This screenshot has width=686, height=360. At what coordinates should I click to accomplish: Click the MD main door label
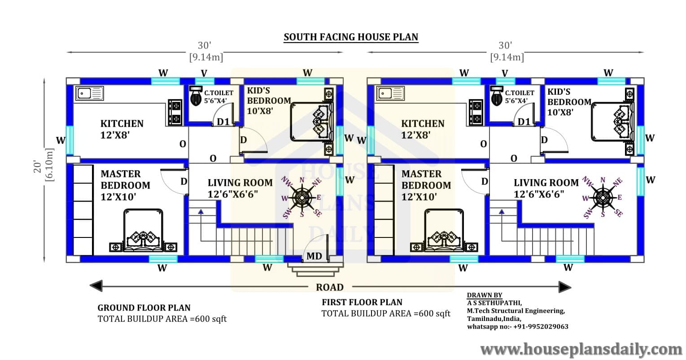pyautogui.click(x=314, y=256)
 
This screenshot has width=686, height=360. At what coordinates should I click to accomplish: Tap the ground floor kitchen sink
pyautogui.click(x=89, y=93)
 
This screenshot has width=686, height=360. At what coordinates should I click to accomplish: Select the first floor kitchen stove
pyautogui.click(x=476, y=112)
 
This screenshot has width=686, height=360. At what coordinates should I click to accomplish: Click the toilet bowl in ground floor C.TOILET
pyautogui.click(x=195, y=96)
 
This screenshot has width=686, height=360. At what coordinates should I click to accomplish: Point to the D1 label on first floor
pyautogui.click(x=524, y=122)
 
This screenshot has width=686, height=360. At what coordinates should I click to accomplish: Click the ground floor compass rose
pyautogui.click(x=301, y=198)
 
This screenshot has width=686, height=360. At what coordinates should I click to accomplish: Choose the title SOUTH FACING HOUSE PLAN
pyautogui.click(x=351, y=37)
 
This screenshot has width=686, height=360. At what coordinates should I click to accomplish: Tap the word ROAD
pyautogui.click(x=330, y=287)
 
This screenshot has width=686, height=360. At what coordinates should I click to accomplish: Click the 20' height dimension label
pyautogui.click(x=38, y=166)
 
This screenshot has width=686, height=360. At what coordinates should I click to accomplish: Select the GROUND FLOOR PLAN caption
pyautogui.click(x=144, y=307)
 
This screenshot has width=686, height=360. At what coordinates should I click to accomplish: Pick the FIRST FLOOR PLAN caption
pyautogui.click(x=362, y=302)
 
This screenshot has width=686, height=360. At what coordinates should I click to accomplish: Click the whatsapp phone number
pyautogui.click(x=541, y=327)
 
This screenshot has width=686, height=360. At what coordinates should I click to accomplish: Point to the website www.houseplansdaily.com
pyautogui.click(x=581, y=349)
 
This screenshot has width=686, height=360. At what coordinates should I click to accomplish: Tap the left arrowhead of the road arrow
pyautogui.click(x=96, y=286)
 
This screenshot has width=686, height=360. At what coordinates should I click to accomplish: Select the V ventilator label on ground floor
pyautogui.click(x=204, y=74)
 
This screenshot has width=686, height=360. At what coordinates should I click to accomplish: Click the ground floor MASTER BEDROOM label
pyautogui.click(x=125, y=185)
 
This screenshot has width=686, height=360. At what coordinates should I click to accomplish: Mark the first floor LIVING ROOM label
pyautogui.click(x=546, y=183)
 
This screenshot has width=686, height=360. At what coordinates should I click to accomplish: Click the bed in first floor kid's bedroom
pyautogui.click(x=612, y=122)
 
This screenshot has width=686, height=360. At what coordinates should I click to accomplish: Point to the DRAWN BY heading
pyautogui.click(x=485, y=295)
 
